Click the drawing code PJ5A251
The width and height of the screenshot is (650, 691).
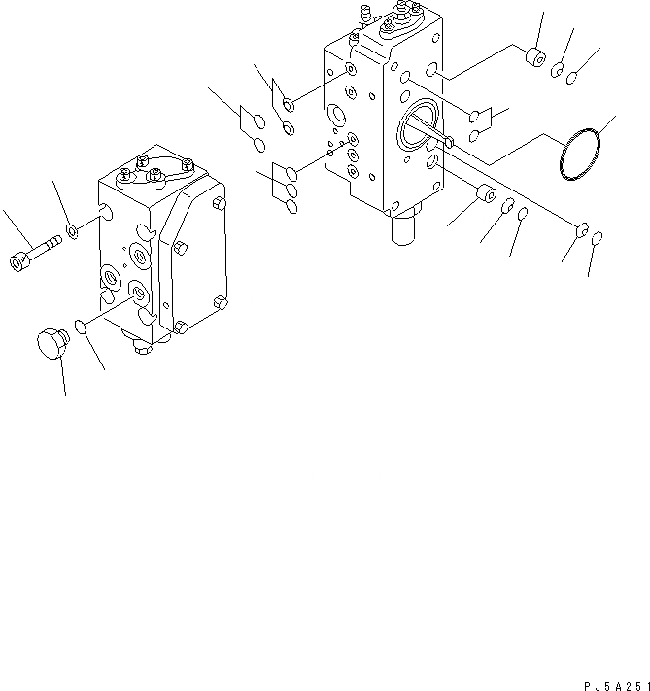click(612, 683)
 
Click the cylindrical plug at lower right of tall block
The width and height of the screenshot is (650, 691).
click(482, 204)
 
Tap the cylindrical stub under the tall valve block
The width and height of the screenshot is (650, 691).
click(403, 230)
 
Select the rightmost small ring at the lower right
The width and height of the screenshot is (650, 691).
click(598, 236)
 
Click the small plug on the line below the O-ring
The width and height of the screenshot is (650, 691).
click(582, 229)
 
